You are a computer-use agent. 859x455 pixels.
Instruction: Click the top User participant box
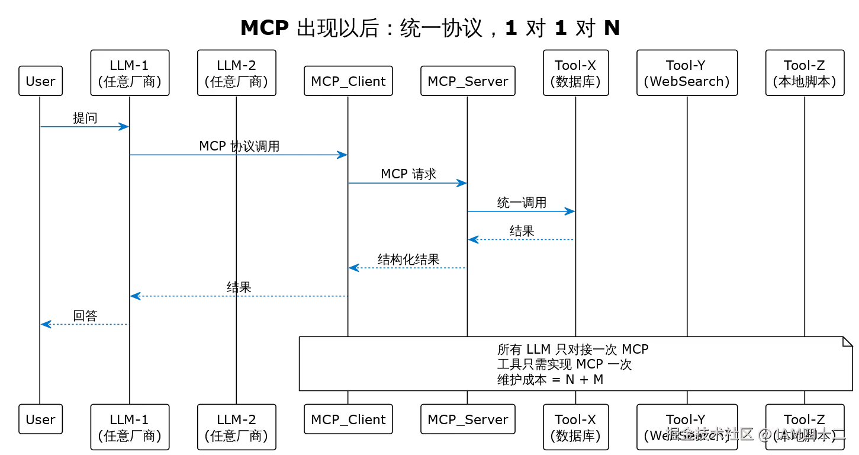tap(40, 81)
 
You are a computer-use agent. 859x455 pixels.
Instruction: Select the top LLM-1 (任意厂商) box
tap(130, 73)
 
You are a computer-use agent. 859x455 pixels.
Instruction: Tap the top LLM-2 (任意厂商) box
tap(236, 73)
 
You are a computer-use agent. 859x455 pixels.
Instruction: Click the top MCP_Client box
tap(348, 81)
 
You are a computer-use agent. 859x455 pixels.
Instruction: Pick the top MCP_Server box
tap(468, 81)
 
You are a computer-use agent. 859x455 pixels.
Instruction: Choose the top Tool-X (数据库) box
tap(575, 73)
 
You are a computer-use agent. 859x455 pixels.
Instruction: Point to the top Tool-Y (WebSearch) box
tap(687, 73)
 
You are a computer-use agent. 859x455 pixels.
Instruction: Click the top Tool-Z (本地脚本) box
tap(804, 73)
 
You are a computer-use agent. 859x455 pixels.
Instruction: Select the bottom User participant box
tap(40, 419)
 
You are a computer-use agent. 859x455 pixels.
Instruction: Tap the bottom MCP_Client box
tap(348, 419)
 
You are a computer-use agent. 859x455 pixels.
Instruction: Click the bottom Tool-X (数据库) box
tap(575, 427)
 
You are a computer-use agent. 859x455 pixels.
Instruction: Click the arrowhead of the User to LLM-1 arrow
tap(123, 126)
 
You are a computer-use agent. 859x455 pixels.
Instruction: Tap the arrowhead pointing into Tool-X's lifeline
tap(569, 212)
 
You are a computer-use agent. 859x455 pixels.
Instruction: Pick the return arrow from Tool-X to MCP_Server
tap(521, 239)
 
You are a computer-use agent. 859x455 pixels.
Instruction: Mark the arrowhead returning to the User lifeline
tap(47, 324)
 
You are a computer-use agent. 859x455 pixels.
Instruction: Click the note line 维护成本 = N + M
tap(550, 380)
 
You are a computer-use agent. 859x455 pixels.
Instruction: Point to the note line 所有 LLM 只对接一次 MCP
tap(572, 349)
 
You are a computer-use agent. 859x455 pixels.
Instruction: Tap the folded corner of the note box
tap(847, 342)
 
